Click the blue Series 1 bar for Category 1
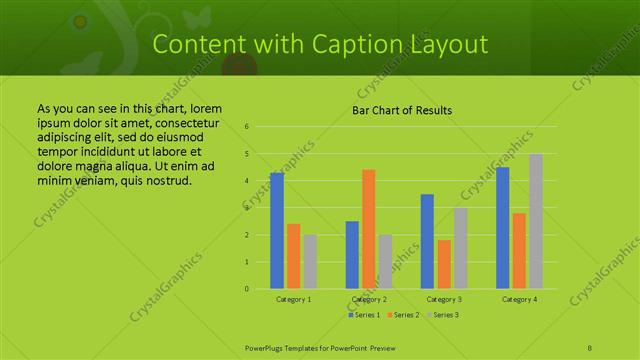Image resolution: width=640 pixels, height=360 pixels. tap(277, 231)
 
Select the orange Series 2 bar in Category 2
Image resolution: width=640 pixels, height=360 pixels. tap(368, 229)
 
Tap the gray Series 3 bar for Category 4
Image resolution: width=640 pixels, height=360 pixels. tap(536, 221)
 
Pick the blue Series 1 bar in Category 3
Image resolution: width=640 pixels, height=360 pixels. tap(427, 241)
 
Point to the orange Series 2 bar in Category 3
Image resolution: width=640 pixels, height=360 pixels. tap(444, 264)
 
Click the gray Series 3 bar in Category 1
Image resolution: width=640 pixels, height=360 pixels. tap(310, 262)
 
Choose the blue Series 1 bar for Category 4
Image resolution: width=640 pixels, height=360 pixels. tap(503, 228)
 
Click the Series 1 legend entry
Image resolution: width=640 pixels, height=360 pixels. tap(365, 315)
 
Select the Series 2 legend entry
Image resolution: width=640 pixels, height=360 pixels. tap(403, 315)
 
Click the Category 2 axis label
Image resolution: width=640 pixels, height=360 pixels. tap(369, 299)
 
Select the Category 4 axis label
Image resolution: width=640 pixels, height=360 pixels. tap(520, 299)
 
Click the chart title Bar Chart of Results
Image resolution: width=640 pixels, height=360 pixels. tap(403, 110)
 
